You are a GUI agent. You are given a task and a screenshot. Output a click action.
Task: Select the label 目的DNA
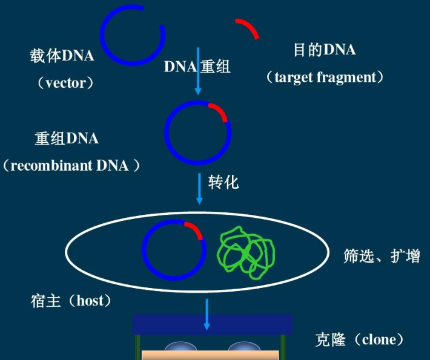pyautogui.click(x=325, y=50)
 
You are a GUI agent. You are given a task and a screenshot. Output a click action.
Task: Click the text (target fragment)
pyautogui.click(x=325, y=77)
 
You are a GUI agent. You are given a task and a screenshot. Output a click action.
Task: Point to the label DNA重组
pyautogui.click(x=197, y=67)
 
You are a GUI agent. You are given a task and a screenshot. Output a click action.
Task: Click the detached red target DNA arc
pyautogui.click(x=247, y=27)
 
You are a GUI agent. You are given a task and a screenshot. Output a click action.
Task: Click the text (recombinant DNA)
pyautogui.click(x=71, y=165)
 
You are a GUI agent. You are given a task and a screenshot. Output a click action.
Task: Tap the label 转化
pyautogui.click(x=223, y=182)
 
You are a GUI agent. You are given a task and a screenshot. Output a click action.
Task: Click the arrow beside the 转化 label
pyautogui.click(x=199, y=188)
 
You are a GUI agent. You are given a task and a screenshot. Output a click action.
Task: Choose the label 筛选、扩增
pyautogui.click(x=382, y=256)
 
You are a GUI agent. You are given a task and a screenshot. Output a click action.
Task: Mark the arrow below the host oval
pyautogui.click(x=207, y=314)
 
